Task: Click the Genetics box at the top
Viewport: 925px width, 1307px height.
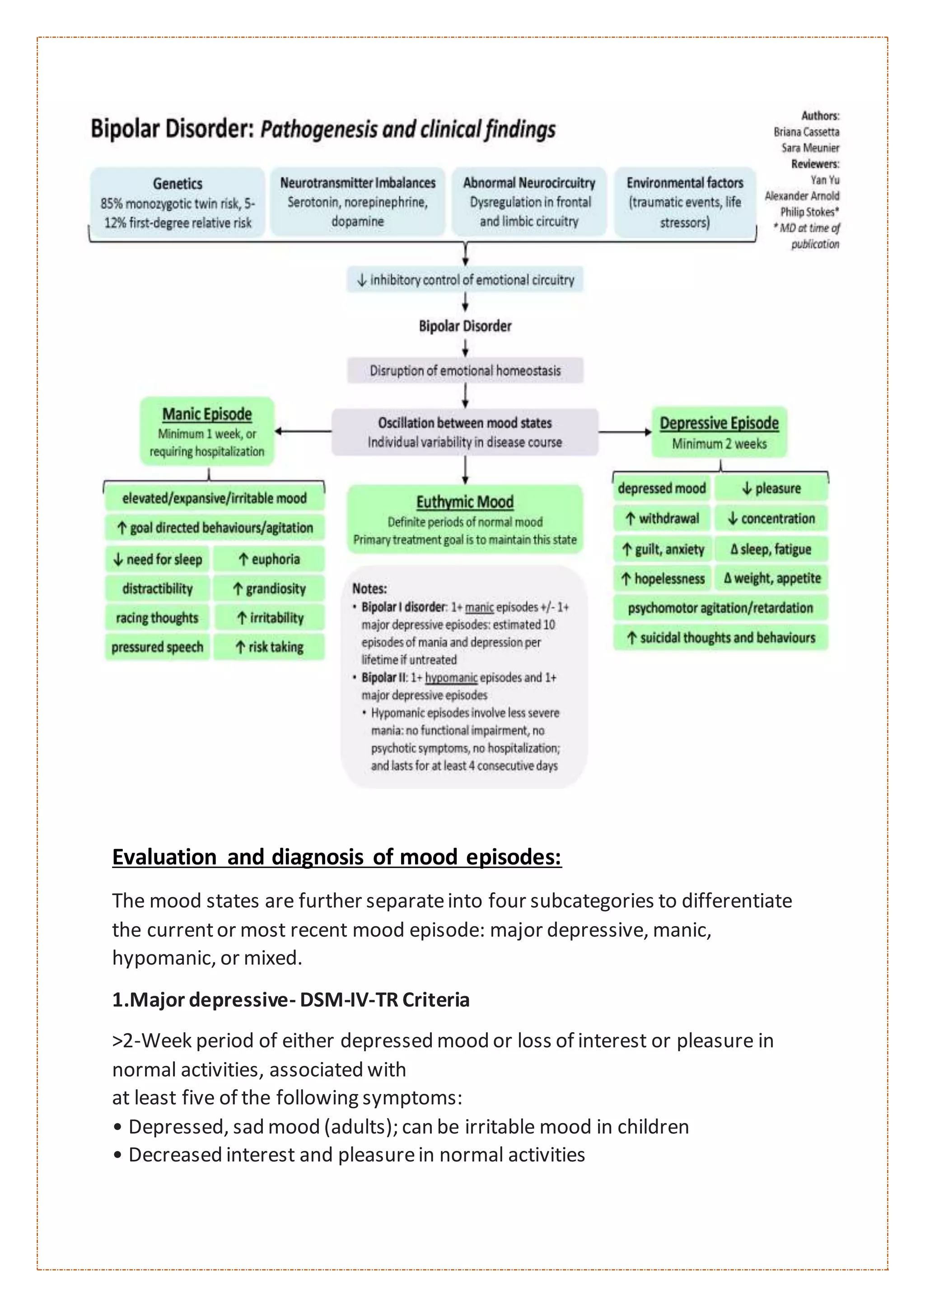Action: (x=177, y=202)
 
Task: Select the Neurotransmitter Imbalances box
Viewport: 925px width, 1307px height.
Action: (x=357, y=202)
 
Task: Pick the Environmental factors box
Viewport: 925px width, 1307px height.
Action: (x=685, y=202)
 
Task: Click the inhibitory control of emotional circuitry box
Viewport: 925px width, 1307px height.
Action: (x=465, y=279)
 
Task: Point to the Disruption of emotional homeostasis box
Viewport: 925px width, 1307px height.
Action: (x=465, y=371)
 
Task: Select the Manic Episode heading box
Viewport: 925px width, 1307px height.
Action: (x=207, y=431)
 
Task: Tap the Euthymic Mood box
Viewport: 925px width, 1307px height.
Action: (x=465, y=519)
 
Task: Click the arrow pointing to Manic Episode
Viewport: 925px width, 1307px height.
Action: (x=302, y=431)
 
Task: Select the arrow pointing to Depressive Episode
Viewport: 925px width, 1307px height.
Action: (x=625, y=432)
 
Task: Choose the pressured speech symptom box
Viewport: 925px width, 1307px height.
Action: (x=157, y=647)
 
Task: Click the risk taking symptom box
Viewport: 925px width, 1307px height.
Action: (x=269, y=647)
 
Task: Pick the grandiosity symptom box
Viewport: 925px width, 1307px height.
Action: (x=269, y=589)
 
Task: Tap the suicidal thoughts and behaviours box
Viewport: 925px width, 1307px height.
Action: (x=720, y=638)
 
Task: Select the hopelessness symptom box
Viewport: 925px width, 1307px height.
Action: (x=663, y=579)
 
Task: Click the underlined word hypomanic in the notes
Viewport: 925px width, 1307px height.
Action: (x=451, y=677)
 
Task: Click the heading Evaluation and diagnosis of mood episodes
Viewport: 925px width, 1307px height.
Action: (x=336, y=857)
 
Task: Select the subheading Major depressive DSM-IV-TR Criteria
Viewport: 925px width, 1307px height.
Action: (x=290, y=1000)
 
